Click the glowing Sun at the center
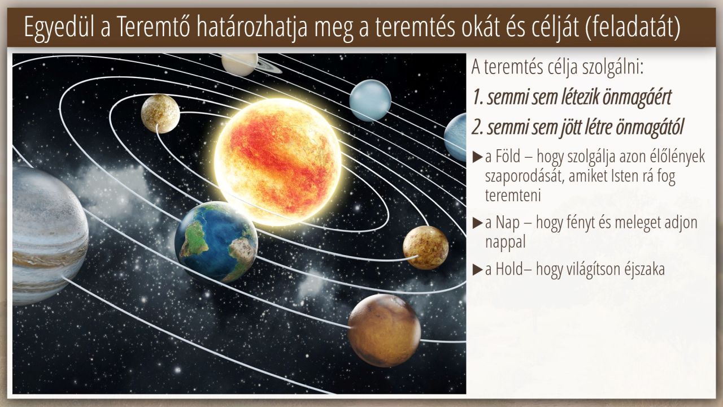coord(278,162)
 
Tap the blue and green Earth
coord(216,243)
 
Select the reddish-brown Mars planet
coord(384,331)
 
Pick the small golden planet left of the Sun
coord(160,114)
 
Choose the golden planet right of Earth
coord(426,248)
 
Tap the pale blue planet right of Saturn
coord(370,101)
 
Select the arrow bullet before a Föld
coord(477,157)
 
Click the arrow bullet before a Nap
coord(477,223)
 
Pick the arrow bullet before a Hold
coord(477,270)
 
